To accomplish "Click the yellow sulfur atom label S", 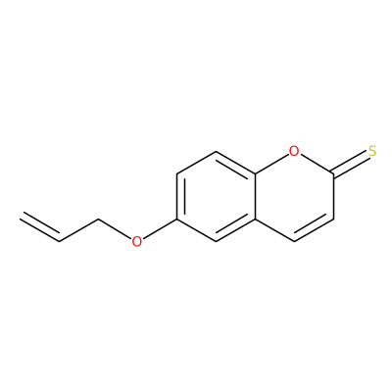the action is [x=372, y=151].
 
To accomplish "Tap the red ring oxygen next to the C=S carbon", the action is [x=294, y=151].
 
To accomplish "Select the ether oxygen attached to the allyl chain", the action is [x=137, y=241].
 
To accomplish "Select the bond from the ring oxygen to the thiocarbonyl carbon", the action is [x=317, y=164].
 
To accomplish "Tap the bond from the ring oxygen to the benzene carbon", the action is [x=271, y=164].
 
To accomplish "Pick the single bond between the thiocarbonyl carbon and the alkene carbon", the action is [x=333, y=196].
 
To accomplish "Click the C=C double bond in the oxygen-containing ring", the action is [x=314, y=228].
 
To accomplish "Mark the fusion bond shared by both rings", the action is [x=255, y=196].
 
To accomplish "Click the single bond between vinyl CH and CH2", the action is [x=78, y=230].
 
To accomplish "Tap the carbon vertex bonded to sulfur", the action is [x=333, y=173].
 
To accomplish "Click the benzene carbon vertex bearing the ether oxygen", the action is [x=176, y=219].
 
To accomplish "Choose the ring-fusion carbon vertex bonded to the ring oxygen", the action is [x=255, y=173].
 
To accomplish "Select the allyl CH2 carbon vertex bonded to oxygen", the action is [x=98, y=219].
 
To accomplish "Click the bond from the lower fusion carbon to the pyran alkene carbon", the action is [x=274, y=230].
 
